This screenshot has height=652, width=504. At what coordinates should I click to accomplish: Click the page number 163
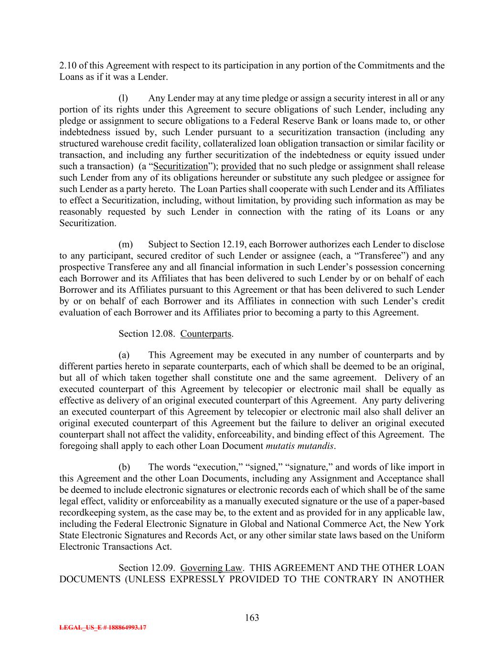click(252, 618)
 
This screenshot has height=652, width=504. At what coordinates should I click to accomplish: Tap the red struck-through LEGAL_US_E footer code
click(103, 628)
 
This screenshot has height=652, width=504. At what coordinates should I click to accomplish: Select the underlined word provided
click(239, 167)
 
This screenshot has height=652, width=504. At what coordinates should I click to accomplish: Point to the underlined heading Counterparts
click(206, 333)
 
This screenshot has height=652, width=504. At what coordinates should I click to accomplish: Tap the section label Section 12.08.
click(147, 333)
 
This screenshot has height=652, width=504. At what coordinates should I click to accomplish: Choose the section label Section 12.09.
click(147, 568)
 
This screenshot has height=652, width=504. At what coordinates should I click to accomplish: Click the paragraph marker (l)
click(123, 98)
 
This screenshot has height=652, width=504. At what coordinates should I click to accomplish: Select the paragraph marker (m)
click(126, 245)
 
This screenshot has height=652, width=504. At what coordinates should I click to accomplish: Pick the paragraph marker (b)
click(124, 467)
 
